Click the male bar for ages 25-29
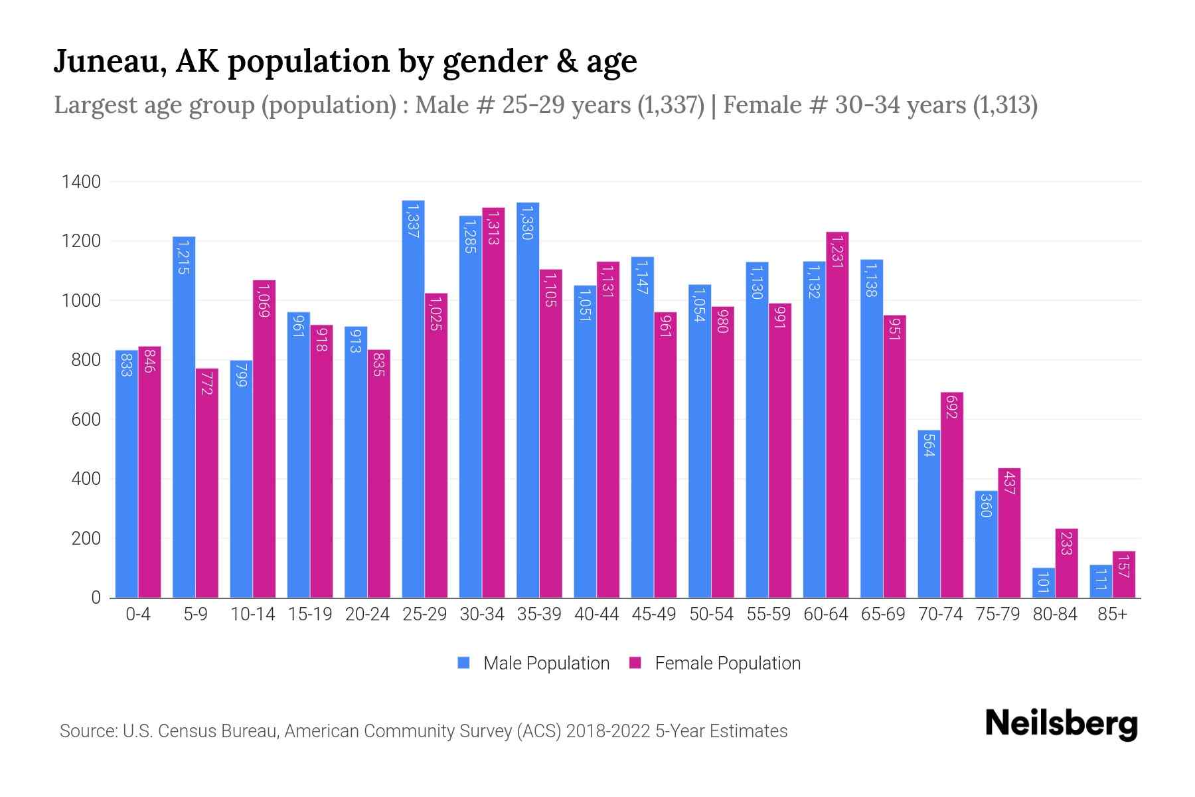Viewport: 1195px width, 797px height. pyautogui.click(x=413, y=398)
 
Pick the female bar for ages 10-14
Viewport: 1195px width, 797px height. pyautogui.click(x=264, y=438)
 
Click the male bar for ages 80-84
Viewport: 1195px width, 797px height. pyautogui.click(x=1043, y=583)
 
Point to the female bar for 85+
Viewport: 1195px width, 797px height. pyautogui.click(x=1123, y=575)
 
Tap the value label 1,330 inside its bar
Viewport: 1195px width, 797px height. pyautogui.click(x=527, y=222)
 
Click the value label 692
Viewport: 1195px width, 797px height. pyautogui.click(x=951, y=406)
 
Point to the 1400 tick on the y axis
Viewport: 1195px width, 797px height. pyautogui.click(x=81, y=181)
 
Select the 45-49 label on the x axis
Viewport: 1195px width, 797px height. pyautogui.click(x=653, y=614)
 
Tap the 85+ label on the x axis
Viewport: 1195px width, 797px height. pyautogui.click(x=1112, y=614)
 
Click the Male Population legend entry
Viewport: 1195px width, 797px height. pyautogui.click(x=534, y=664)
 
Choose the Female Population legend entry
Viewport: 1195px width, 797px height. pyautogui.click(x=715, y=664)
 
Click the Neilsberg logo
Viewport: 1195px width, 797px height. pyautogui.click(x=1061, y=724)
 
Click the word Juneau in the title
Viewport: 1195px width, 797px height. pyautogui.click(x=110, y=61)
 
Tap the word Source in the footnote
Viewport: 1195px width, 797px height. pyautogui.click(x=86, y=731)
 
